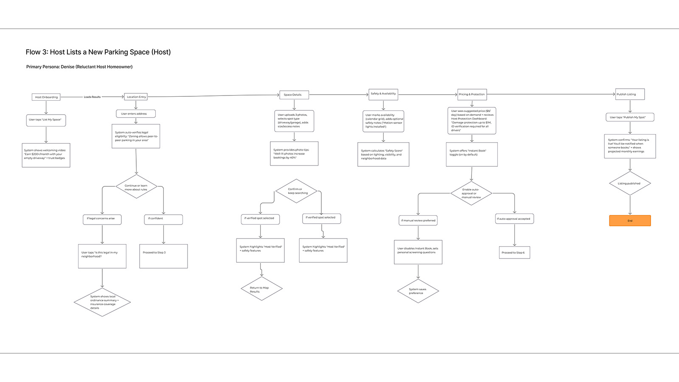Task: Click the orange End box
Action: [x=630, y=221]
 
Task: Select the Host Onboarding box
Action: [x=46, y=97]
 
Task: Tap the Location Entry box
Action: [x=136, y=97]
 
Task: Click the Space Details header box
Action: [x=294, y=95]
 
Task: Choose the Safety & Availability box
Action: [x=383, y=94]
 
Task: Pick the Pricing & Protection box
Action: [x=472, y=94]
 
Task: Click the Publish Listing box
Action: [x=630, y=94]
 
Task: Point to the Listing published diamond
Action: [x=630, y=183]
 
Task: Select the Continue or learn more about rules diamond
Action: [x=136, y=187]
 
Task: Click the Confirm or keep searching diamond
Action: [x=296, y=191]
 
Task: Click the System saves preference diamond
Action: [x=418, y=291]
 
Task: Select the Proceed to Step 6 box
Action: [x=514, y=253]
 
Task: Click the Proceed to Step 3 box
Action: [x=163, y=256]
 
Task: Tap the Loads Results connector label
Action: [x=92, y=97]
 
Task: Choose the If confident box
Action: [x=163, y=219]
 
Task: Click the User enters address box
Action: [x=135, y=114]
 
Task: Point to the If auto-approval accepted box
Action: [x=514, y=219]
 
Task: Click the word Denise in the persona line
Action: [x=67, y=67]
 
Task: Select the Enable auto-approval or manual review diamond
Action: [x=471, y=194]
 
